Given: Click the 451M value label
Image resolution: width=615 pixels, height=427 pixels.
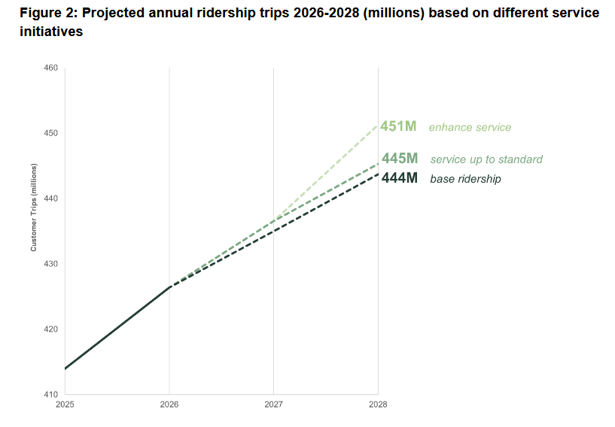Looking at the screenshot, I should coord(398,126).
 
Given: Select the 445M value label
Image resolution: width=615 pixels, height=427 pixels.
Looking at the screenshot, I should coord(400,159).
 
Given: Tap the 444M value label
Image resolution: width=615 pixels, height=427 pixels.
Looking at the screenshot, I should coord(399,178).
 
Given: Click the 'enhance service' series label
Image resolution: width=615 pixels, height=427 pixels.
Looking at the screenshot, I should coord(470,127).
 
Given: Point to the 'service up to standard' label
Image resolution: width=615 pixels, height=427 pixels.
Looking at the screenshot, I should coord(486,159).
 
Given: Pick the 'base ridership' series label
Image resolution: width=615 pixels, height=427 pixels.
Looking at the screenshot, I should coord(465,179).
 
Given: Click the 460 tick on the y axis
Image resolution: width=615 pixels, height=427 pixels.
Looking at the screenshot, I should coord(51,68).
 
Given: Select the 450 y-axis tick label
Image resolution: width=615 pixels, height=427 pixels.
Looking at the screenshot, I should coord(51,133).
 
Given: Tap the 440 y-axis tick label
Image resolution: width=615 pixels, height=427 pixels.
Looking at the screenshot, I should coord(51,198).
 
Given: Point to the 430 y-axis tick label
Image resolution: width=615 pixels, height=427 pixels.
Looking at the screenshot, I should coord(51,264).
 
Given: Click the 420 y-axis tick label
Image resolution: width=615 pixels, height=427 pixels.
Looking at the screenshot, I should coord(51,329).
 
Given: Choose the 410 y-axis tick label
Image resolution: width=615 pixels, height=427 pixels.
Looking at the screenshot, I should coord(51,394).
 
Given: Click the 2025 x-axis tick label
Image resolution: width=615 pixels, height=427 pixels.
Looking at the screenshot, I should coord(65,404).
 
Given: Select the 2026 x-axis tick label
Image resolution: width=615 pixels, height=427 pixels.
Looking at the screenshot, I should coord(169,404).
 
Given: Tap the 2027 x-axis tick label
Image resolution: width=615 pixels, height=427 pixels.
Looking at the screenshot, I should coord(273,404).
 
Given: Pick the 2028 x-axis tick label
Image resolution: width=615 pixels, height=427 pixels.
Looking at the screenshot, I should coord(378,404).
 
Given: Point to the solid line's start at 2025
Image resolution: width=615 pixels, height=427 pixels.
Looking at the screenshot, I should coord(65,368).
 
